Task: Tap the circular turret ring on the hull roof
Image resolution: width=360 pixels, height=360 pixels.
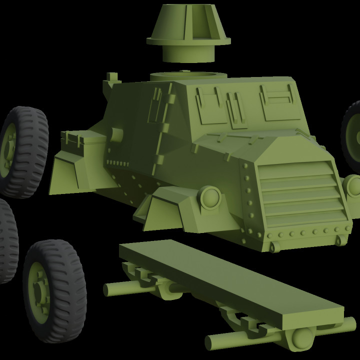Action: coord(189,75)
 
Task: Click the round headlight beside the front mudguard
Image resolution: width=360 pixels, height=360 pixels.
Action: coord(210,197)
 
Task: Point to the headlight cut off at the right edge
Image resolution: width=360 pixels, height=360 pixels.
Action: coord(353,185)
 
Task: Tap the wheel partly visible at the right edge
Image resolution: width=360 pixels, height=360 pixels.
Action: coord(352,130)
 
